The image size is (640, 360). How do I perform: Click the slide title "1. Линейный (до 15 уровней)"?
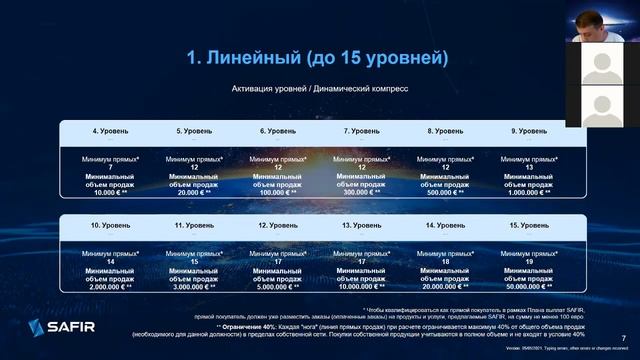pos(317,59)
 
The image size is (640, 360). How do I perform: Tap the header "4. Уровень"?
pos(110,131)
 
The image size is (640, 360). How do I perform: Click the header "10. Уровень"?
pos(110,226)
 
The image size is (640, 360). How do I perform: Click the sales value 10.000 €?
pos(107,192)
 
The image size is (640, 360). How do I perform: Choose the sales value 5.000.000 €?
pos(274,285)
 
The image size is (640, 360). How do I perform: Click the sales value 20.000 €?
pos(190,192)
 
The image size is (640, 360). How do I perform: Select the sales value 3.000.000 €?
pos(190,285)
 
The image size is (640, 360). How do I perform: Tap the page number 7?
pos(625,337)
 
